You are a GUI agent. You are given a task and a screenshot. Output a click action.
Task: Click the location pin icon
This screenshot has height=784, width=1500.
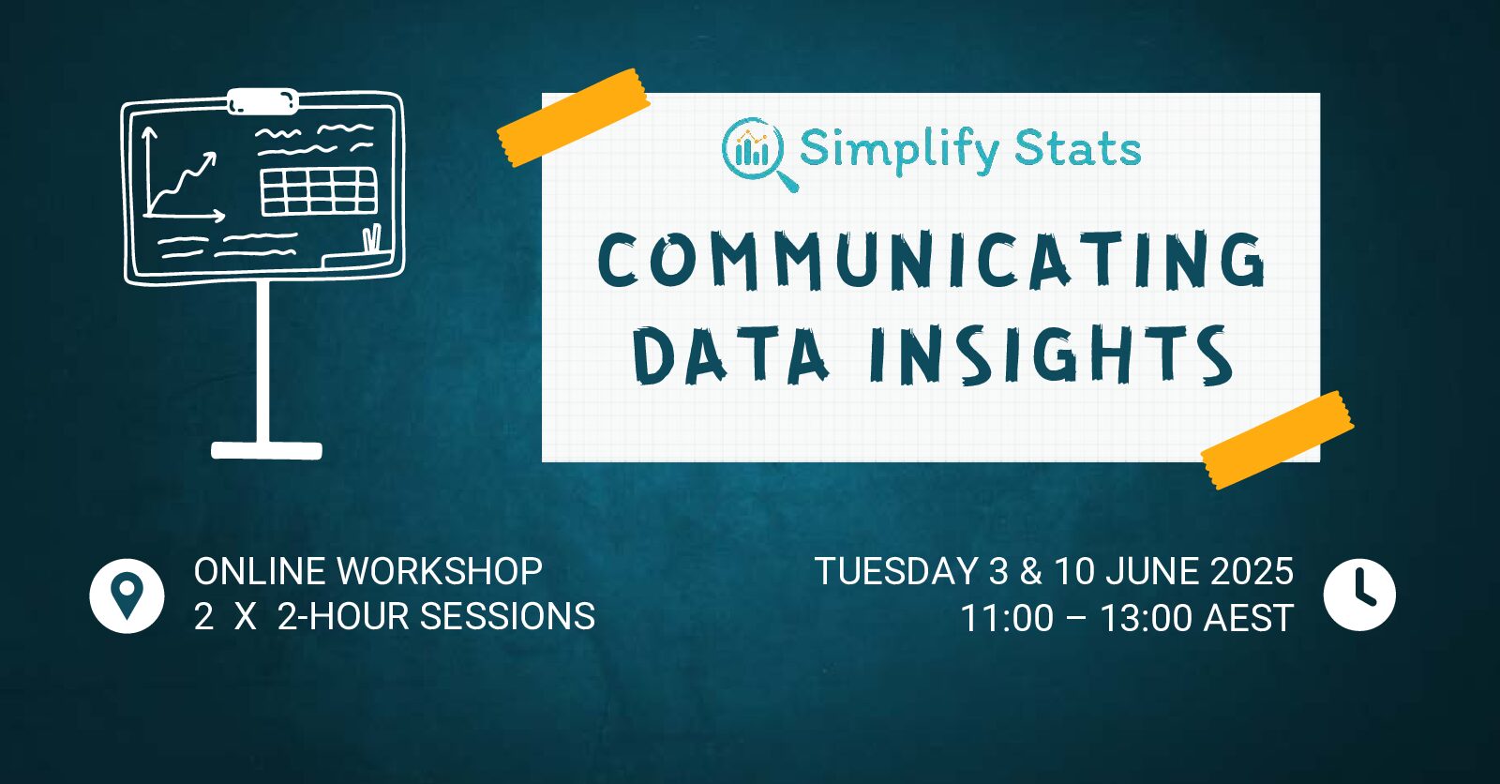(x=127, y=596)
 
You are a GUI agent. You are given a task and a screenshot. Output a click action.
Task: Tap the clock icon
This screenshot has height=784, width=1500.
(x=1359, y=596)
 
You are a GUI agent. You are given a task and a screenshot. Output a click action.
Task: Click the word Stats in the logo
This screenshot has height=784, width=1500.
(x=1078, y=149)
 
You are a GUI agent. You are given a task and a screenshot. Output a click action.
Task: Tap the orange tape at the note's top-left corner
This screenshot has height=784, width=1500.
(x=573, y=117)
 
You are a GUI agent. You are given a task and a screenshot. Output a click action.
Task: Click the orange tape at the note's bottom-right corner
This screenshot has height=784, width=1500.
(x=1277, y=440)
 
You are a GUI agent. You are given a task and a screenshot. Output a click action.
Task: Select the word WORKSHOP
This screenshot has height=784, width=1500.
(x=440, y=571)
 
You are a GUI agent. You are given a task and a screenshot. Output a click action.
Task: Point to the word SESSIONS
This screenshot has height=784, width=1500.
(x=507, y=616)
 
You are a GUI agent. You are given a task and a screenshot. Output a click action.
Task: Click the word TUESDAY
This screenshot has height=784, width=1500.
(x=896, y=571)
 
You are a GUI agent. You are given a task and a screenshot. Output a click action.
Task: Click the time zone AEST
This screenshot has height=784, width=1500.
(x=1249, y=618)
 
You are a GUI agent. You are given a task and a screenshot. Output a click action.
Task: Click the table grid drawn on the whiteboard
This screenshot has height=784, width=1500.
(x=319, y=191)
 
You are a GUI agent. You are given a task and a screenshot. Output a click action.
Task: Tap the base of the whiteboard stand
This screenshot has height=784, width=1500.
(x=266, y=450)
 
